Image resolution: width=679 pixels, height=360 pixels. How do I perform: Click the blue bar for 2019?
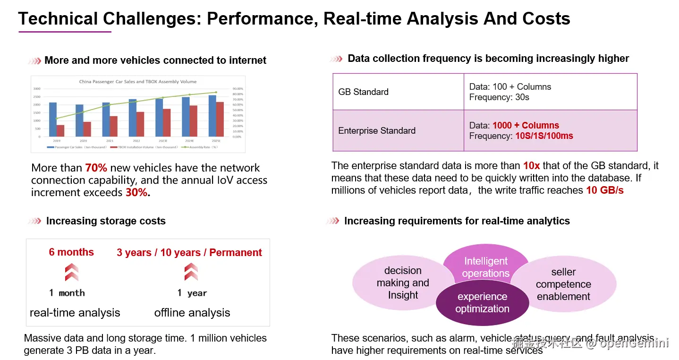tap(53, 120)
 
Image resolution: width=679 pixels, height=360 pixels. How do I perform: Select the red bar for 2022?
tap(140, 124)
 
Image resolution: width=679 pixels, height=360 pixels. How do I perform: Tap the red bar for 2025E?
tap(220, 119)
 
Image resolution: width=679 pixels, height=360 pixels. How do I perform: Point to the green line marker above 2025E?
tap(216, 92)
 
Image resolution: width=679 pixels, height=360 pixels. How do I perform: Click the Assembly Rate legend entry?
tap(201, 147)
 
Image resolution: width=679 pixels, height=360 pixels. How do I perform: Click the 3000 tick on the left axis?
tap(37, 89)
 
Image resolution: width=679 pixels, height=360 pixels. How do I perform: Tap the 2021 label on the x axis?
tap(110, 141)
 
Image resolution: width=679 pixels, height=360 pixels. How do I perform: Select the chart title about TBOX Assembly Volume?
tap(138, 82)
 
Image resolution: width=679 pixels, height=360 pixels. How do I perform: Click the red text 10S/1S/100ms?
tap(543, 136)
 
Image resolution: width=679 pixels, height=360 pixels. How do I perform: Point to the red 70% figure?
tap(96, 168)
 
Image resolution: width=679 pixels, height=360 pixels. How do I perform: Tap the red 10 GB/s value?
tap(605, 190)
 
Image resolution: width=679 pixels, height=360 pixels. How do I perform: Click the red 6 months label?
tap(71, 252)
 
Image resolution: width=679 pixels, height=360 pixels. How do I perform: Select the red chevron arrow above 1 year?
tap(191, 272)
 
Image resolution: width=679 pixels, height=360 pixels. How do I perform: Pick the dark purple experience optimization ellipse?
tap(482, 303)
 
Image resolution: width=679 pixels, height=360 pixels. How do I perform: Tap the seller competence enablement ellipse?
tap(563, 284)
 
